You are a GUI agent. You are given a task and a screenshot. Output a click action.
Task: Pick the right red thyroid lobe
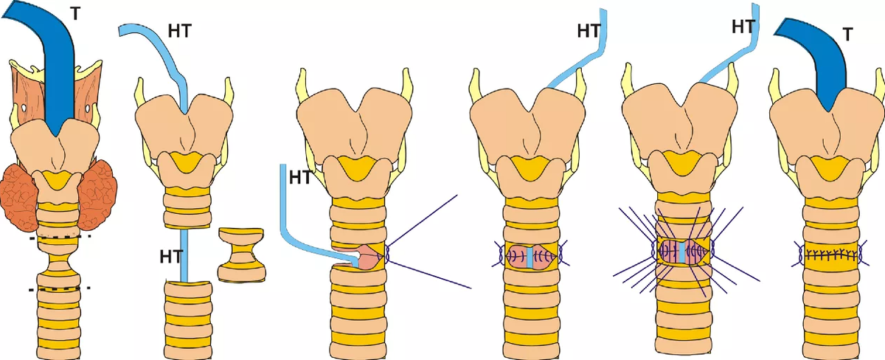[x=100, y=194]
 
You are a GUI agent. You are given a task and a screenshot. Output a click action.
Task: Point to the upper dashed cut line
[x=58, y=237]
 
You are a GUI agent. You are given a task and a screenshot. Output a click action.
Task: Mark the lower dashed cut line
[x=58, y=288]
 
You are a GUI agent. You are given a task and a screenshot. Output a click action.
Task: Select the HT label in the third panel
[x=300, y=177]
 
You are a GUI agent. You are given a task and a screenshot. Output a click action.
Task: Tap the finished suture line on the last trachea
[x=831, y=255]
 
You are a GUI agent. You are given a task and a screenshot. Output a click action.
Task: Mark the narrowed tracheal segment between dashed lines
[x=59, y=263]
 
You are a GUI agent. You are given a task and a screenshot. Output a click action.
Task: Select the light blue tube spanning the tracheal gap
[x=184, y=255]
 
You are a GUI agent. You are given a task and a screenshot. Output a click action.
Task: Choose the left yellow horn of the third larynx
[x=302, y=85]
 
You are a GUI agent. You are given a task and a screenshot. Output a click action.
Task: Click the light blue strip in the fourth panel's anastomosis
[x=530, y=255]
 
